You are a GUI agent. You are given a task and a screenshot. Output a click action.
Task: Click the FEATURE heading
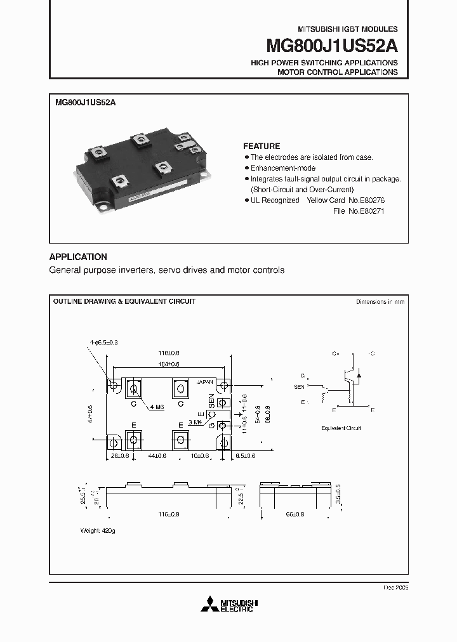(262, 146)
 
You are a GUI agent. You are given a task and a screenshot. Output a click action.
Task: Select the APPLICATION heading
(78, 257)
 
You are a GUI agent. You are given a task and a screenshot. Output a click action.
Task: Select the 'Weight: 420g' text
(98, 529)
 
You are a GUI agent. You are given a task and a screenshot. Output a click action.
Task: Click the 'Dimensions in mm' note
(380, 302)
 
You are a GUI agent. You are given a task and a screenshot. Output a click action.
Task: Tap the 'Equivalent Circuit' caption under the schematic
(341, 428)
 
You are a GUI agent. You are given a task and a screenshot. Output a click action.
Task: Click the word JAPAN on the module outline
(205, 383)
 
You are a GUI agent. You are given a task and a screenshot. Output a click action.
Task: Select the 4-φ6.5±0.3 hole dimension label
(103, 343)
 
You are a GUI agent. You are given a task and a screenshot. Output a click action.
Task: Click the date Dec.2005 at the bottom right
(396, 588)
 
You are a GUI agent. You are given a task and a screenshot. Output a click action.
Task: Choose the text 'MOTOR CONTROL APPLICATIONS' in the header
(338, 72)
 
